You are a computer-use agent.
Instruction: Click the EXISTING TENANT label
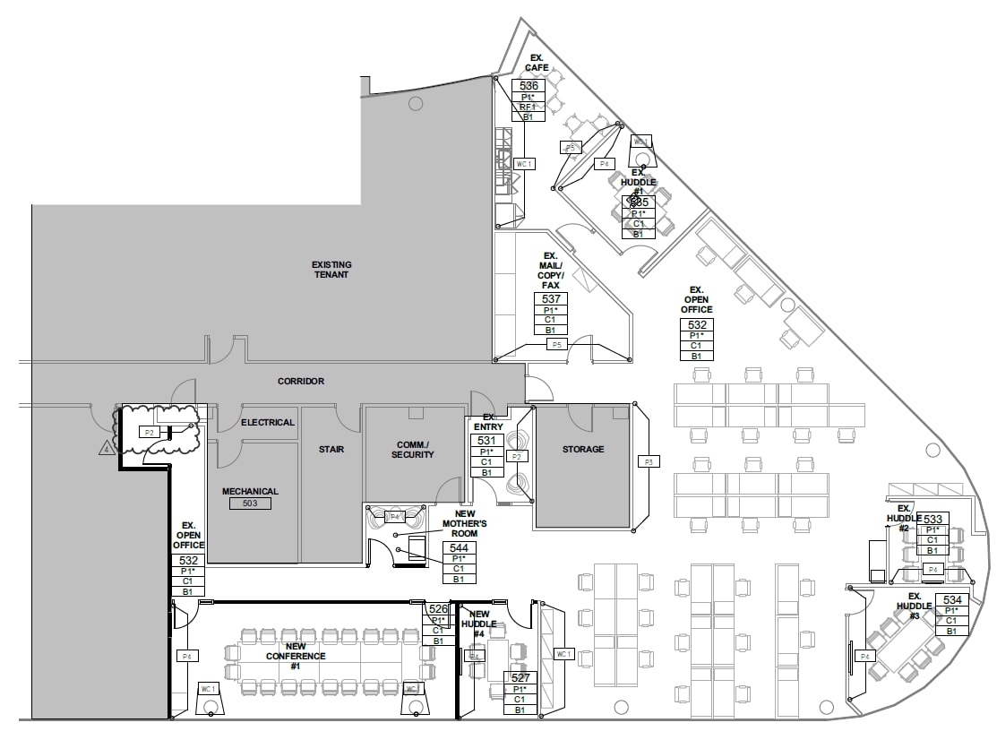click(331, 270)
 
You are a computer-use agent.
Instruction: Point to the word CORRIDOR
click(301, 381)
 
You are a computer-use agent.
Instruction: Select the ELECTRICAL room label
click(268, 422)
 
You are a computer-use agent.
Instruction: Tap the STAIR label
click(331, 449)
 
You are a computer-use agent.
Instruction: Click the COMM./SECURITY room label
click(413, 450)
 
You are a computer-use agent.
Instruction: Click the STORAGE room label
click(583, 449)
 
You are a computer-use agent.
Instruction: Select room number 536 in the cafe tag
click(529, 86)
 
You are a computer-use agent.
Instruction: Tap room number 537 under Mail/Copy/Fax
click(551, 298)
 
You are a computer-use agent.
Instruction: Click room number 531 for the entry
click(486, 441)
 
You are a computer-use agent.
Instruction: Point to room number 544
click(459, 547)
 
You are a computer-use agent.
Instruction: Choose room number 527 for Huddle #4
click(520, 678)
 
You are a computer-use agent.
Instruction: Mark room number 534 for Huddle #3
click(952, 599)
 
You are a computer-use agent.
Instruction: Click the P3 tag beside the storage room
click(647, 461)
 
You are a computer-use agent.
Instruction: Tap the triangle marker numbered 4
click(107, 448)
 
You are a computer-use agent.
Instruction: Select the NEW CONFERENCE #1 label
click(295, 656)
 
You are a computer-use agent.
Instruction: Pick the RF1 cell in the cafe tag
click(528, 107)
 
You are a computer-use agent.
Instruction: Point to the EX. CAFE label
click(537, 63)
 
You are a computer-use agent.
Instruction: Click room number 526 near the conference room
click(438, 609)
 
